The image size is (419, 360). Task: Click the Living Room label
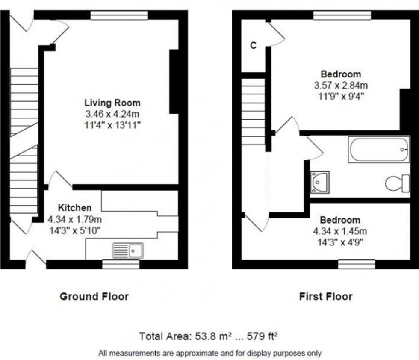(112, 103)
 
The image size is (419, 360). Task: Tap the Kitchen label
(75, 208)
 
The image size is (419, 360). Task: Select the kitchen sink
(129, 250)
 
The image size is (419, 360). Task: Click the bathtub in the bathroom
(379, 149)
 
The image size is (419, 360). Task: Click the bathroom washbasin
(320, 181)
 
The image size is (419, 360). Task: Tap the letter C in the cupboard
(253, 46)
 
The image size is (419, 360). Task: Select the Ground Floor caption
(94, 296)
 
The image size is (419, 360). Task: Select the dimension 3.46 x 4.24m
(112, 114)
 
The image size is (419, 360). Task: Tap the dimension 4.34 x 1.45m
(340, 231)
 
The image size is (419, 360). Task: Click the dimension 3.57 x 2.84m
(340, 85)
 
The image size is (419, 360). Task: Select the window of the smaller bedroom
(357, 264)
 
